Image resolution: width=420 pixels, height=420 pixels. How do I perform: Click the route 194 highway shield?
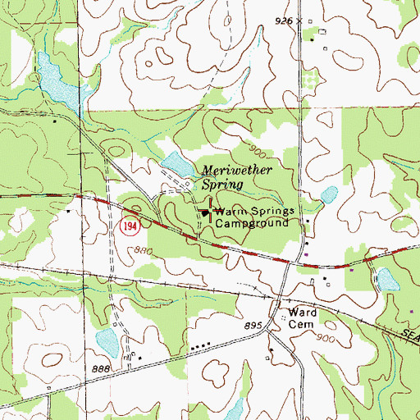pos(128,226)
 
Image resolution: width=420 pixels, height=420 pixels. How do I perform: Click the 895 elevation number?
pos(252,326)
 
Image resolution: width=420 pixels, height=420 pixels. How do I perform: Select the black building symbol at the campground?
pos(203,213)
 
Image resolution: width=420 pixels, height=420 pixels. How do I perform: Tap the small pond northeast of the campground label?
pos(328,194)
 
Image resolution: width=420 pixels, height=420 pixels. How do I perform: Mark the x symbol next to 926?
pos(300,20)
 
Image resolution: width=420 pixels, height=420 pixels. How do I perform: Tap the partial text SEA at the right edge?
pos(410,329)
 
